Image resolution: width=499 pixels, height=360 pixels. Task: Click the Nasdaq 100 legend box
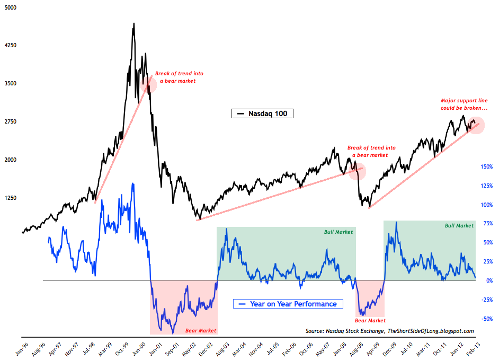pos(263,113)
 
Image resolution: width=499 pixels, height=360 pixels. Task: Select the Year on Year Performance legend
pos(288,304)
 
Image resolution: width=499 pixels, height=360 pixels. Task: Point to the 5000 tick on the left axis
pos(11,7)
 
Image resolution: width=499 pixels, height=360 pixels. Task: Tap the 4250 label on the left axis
pos(11,46)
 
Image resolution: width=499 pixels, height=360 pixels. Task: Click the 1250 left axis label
pos(11,198)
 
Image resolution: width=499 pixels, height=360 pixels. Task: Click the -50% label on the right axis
pos(486,319)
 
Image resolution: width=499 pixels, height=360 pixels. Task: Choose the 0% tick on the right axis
pos(489,280)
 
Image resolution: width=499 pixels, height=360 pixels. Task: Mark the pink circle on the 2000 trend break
pos(149,84)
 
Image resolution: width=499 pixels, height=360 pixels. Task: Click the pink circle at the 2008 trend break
pos(358,171)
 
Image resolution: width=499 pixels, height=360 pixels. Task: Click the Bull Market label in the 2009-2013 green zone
pos(459,225)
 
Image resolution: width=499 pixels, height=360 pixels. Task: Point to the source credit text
pos(389,330)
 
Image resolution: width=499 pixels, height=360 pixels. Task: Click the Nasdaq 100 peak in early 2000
pos(133,23)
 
